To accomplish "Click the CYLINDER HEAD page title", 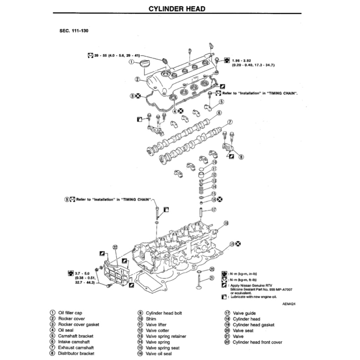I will [177, 9].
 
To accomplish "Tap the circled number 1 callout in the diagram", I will [131, 62].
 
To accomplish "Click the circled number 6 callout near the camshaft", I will [219, 113].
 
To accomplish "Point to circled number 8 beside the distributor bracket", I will [241, 157].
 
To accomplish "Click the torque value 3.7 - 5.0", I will [82, 273].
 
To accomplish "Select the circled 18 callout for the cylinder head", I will [226, 223].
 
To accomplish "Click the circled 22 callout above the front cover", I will [115, 247].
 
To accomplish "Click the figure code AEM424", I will [289, 304].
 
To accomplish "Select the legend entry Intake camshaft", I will [74, 342].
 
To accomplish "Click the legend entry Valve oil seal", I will [159, 354].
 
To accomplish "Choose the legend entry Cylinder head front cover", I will [257, 342].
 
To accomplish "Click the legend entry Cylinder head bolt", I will [164, 313].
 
